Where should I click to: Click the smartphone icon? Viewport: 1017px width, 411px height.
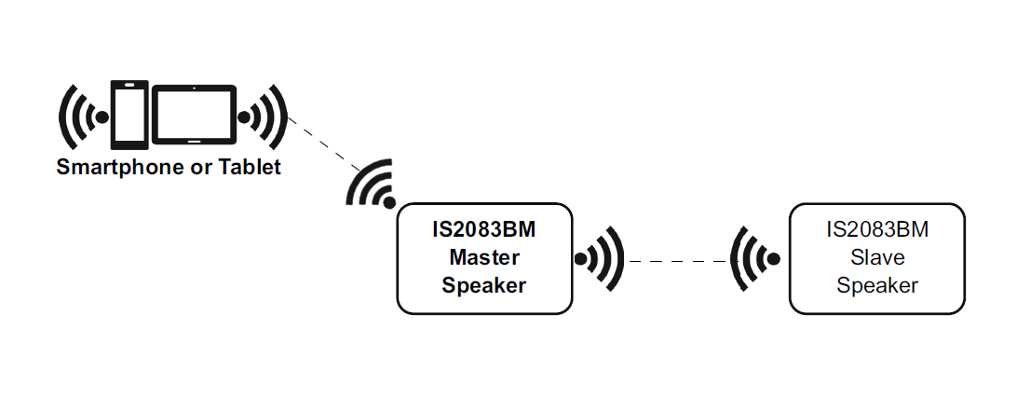pyautogui.click(x=129, y=115)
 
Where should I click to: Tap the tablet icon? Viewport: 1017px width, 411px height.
pyautogui.click(x=194, y=115)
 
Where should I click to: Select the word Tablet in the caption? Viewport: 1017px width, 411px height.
pyautogui.click(x=250, y=169)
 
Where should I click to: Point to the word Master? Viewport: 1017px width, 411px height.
pyautogui.click(x=484, y=256)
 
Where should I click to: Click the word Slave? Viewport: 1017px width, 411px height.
pyautogui.click(x=877, y=256)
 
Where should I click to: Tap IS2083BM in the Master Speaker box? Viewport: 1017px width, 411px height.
pyautogui.click(x=484, y=228)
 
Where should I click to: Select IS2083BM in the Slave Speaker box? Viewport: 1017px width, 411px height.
pyautogui.click(x=877, y=228)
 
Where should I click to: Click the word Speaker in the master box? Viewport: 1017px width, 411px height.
pyautogui.click(x=484, y=285)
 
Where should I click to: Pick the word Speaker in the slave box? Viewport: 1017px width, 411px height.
pyautogui.click(x=877, y=285)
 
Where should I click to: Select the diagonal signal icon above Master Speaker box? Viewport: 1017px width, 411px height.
pyautogui.click(x=373, y=185)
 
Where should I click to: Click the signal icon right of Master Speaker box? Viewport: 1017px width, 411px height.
pyautogui.click(x=599, y=258)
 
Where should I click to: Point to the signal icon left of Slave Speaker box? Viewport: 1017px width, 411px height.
pyautogui.click(x=754, y=258)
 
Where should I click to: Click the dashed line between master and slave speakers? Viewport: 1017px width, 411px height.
pyautogui.click(x=677, y=262)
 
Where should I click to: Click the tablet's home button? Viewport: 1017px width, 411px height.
pyautogui.click(x=194, y=141)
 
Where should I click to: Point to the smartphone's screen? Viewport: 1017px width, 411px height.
pyautogui.click(x=129, y=115)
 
